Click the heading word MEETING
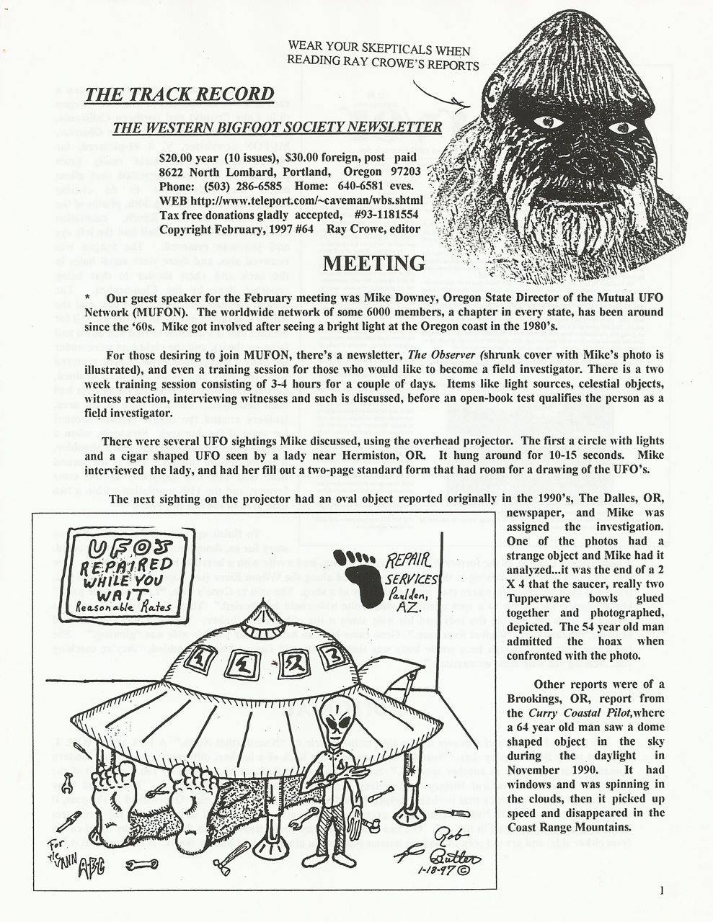pyautogui.click(x=374, y=264)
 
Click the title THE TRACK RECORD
pyautogui.click(x=180, y=94)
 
